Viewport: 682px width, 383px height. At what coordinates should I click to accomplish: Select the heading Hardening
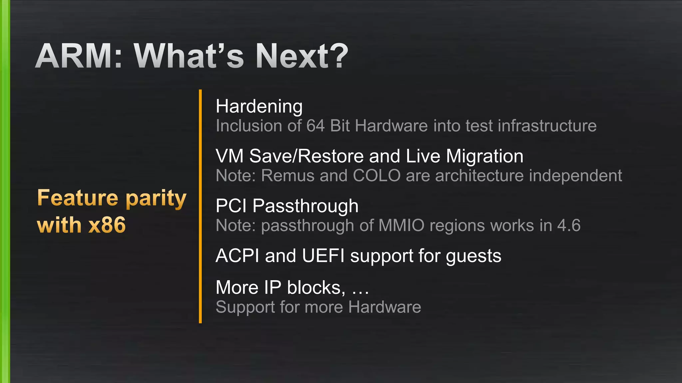point(259,107)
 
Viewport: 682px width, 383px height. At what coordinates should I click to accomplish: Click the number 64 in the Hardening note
point(315,126)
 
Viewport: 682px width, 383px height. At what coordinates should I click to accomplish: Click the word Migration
point(485,156)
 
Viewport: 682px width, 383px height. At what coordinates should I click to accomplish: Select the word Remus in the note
point(288,176)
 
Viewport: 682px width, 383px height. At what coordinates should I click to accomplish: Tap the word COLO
point(376,176)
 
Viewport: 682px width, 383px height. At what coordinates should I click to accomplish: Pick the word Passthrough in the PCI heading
point(305,206)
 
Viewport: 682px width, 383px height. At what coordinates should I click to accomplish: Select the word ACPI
point(237,256)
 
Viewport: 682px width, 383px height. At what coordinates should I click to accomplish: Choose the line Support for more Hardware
point(318,307)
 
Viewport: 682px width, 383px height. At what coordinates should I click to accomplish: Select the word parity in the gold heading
point(156,199)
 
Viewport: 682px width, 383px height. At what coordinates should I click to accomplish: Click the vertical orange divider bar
point(200,206)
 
